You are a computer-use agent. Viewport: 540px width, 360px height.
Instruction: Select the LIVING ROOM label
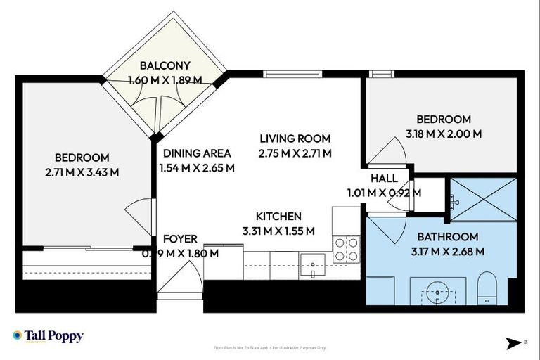[x=295, y=139]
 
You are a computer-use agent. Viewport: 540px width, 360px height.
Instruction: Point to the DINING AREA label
[x=198, y=153]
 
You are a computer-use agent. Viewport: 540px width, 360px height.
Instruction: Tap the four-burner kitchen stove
[x=345, y=248]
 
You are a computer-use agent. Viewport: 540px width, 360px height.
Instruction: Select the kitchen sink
[x=311, y=266]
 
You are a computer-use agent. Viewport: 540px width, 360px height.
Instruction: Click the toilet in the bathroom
[x=487, y=289]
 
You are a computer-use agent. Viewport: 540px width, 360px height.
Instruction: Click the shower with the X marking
[x=483, y=200]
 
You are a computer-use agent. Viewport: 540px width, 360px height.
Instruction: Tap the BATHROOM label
[x=448, y=237]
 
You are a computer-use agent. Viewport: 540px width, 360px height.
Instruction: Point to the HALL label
[x=384, y=179]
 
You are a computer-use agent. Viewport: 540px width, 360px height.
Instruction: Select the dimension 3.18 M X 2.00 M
[x=443, y=134]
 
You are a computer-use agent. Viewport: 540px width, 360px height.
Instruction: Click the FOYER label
[x=180, y=239]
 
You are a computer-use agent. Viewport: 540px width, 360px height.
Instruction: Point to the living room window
[x=283, y=74]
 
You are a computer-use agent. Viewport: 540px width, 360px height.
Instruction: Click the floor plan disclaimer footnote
[x=270, y=347]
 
